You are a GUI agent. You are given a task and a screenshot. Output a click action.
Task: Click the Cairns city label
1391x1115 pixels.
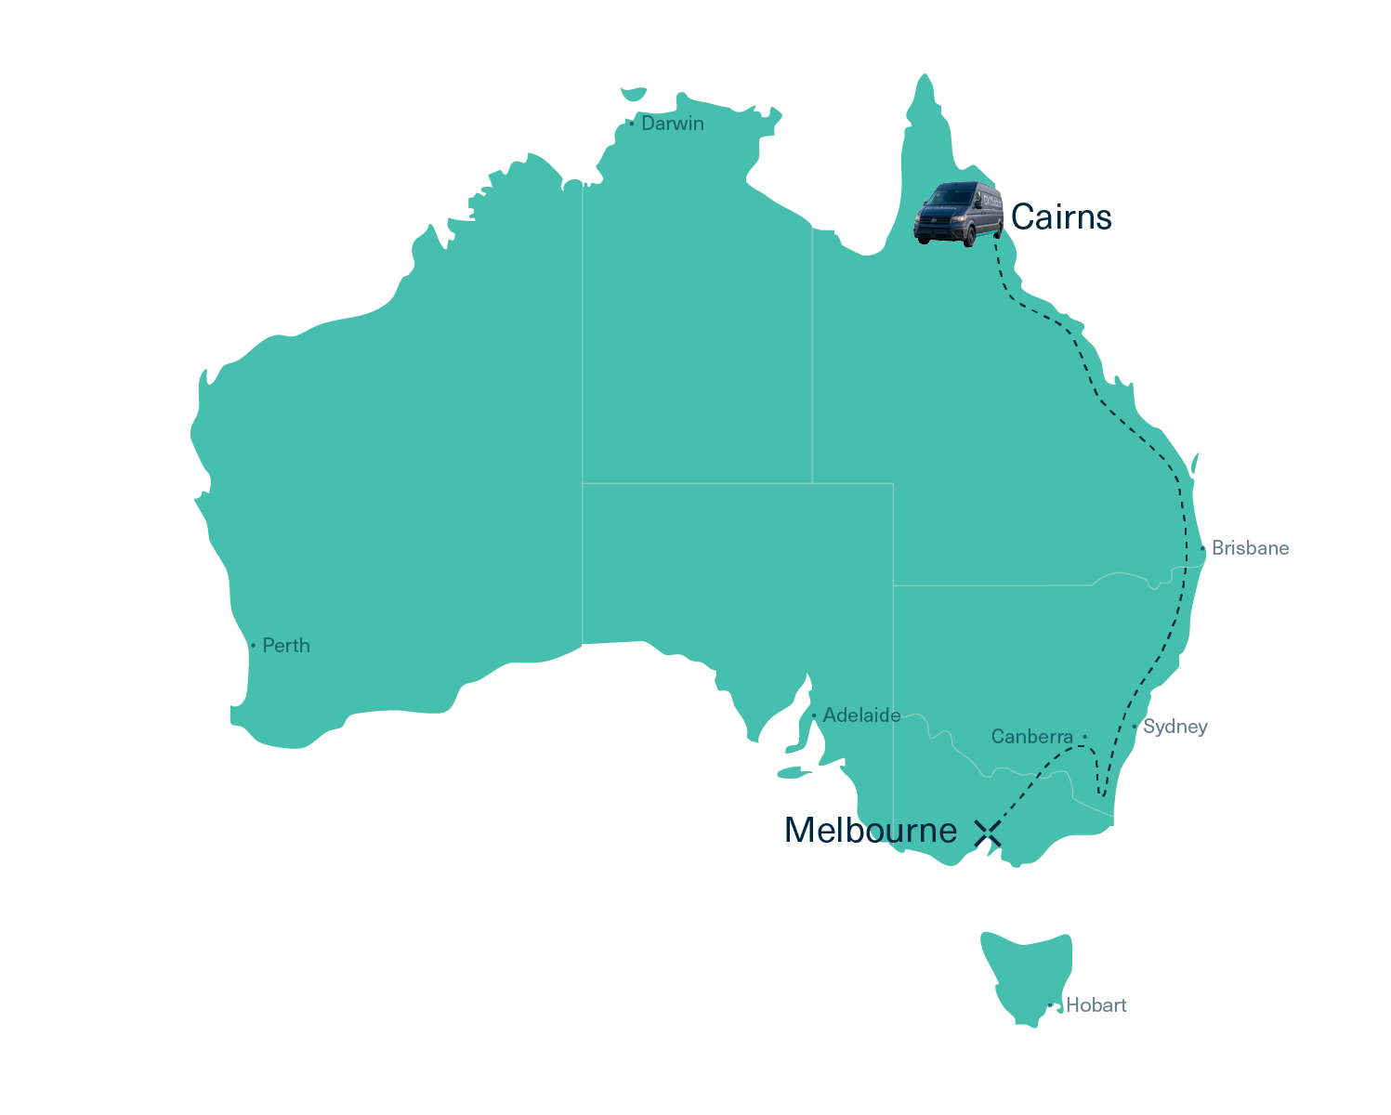click(x=1060, y=217)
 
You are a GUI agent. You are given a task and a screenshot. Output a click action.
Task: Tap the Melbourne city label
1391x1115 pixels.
click(x=870, y=831)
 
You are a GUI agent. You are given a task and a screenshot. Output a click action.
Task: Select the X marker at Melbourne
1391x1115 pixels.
click(x=988, y=833)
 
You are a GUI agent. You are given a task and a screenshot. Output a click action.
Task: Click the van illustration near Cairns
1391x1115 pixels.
click(x=959, y=213)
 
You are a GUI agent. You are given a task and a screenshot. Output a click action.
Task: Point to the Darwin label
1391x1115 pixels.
click(x=672, y=124)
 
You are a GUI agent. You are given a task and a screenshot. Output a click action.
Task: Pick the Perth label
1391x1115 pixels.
click(x=286, y=646)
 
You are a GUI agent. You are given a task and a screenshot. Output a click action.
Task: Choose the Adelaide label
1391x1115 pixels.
click(x=861, y=715)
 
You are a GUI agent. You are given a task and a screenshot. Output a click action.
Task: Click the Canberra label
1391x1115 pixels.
click(x=1031, y=737)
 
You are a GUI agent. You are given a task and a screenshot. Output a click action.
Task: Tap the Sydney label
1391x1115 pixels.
click(x=1174, y=727)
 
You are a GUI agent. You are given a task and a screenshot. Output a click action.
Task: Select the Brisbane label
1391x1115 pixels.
click(x=1250, y=548)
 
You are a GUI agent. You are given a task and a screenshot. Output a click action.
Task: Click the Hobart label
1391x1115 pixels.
click(x=1096, y=1005)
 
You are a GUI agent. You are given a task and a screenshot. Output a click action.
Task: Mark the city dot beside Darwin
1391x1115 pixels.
click(x=632, y=124)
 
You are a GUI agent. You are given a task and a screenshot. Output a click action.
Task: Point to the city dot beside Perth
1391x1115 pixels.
click(x=253, y=646)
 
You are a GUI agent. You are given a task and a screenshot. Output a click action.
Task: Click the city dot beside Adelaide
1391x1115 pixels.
click(x=814, y=715)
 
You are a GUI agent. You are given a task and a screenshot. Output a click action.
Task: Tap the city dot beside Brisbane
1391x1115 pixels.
click(x=1202, y=548)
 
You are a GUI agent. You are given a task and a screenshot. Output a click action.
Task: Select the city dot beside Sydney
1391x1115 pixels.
click(x=1135, y=727)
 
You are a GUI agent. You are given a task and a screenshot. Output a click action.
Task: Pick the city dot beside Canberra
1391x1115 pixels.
click(x=1084, y=737)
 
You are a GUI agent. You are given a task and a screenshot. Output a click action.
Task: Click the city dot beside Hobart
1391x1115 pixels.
click(x=1050, y=1005)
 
